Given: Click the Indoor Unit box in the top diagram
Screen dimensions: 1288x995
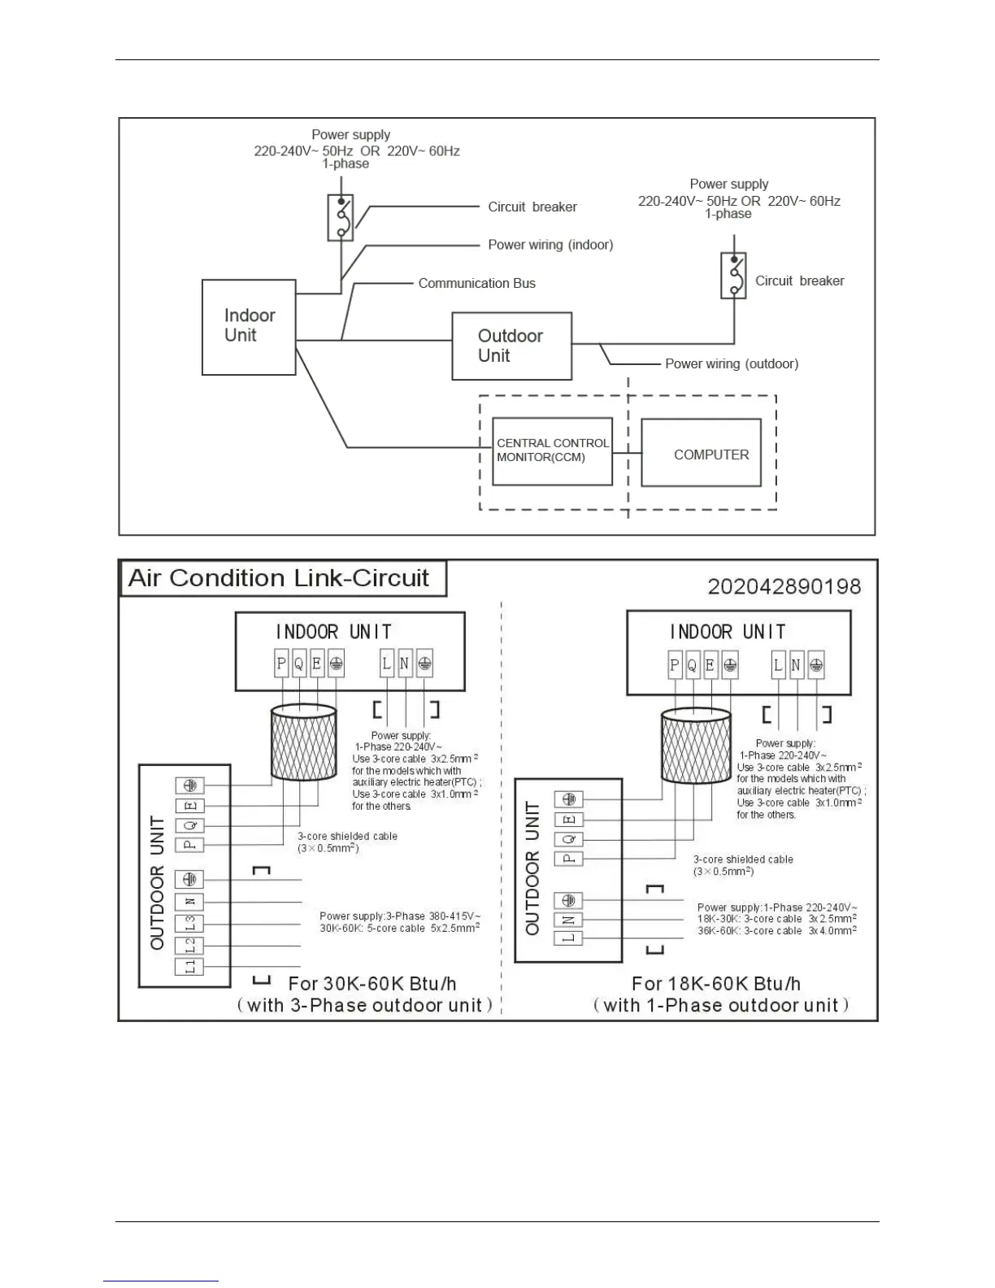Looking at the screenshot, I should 248,327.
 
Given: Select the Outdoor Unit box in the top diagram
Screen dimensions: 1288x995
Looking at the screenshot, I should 511,346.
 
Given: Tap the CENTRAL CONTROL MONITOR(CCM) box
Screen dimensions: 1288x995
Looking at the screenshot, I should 552,450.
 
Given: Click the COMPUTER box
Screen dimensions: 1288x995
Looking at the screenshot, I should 701,453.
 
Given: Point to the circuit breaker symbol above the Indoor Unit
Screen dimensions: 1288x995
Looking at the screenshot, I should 341,217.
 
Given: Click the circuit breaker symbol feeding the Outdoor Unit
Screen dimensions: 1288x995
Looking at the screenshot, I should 733,275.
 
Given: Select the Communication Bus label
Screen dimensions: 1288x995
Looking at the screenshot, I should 476,283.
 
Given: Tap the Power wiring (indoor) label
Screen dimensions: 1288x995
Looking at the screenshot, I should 550,245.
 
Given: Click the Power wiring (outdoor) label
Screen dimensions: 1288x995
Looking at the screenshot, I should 732,363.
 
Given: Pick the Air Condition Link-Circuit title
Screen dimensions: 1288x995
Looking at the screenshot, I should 279,578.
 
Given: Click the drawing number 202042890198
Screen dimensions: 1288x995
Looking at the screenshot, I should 784,586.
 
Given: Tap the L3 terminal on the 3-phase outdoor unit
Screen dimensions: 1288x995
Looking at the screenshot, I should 190,924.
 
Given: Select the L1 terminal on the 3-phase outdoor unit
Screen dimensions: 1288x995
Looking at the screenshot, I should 190,967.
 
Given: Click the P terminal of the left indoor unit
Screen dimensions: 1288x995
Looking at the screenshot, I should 281,664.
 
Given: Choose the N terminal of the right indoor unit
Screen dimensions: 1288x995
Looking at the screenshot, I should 796,666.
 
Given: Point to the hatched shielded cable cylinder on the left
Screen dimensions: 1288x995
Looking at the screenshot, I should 303,742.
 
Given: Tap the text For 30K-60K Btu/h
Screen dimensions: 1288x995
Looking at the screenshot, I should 371,984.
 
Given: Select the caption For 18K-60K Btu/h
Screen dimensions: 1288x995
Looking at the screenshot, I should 715,984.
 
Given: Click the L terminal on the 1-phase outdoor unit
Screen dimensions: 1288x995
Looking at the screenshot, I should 568,938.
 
